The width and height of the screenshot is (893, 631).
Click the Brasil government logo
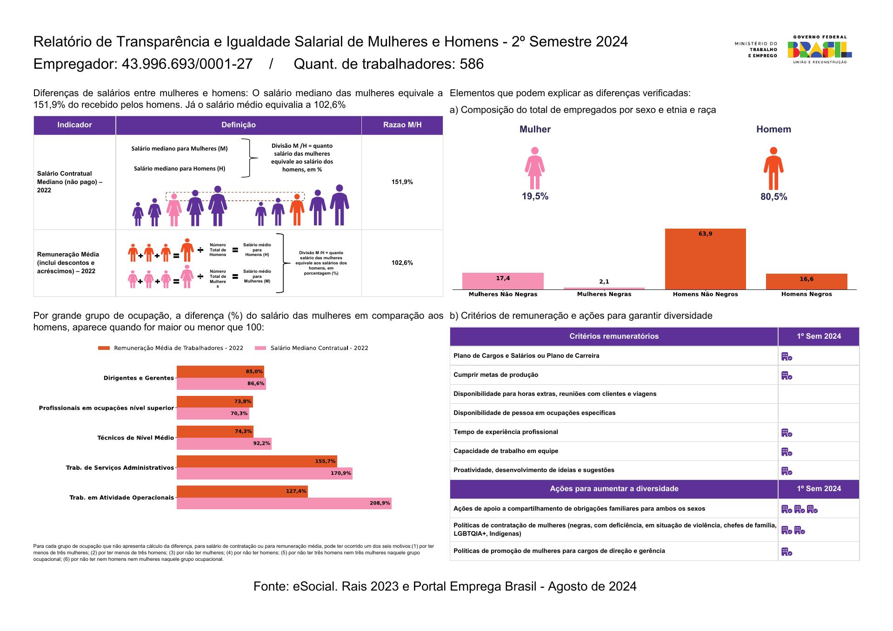point(820,49)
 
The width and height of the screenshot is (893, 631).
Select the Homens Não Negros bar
point(705,259)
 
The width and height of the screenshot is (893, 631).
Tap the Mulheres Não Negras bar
point(503,281)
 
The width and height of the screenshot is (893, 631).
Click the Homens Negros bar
point(806,282)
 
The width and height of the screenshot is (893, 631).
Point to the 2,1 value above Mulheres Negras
point(604,282)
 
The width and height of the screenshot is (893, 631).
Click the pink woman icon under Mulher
point(535,168)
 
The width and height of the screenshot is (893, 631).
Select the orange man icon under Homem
point(773,168)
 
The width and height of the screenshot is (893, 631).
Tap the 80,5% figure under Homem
point(774,197)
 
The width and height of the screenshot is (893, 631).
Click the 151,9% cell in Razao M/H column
point(402,182)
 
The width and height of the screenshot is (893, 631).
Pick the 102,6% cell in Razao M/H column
point(402,263)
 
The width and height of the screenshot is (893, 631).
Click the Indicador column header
point(74,125)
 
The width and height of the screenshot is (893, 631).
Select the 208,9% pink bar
point(284,503)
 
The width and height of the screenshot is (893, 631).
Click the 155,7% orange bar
point(257,461)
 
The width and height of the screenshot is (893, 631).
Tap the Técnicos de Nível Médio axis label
point(135,438)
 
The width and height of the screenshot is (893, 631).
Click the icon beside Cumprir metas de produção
point(786,375)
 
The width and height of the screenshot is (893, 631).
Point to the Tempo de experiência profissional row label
point(506,432)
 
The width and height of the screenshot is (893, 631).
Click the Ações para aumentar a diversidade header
point(614,489)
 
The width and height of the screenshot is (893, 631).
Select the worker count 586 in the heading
point(472,64)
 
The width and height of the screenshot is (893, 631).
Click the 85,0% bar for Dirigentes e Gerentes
point(220,372)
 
